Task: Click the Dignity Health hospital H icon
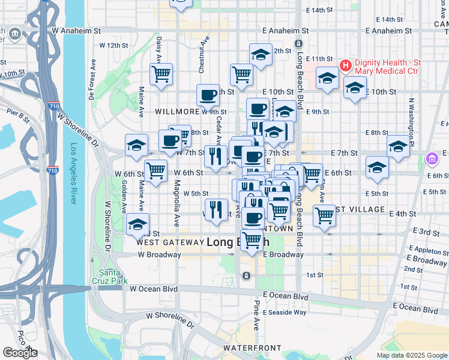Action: click(346, 65)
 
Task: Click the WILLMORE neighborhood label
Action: click(177, 112)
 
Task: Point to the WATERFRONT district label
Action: click(252, 348)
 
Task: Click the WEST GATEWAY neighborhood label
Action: click(170, 242)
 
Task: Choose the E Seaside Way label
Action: click(283, 312)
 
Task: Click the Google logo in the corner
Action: click(20, 353)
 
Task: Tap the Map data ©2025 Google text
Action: click(411, 355)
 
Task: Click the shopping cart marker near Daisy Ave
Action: click(161, 74)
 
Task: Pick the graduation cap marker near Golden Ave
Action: click(137, 224)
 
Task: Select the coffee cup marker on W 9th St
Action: click(208, 95)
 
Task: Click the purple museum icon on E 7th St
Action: click(431, 160)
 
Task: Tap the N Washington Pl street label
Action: click(412, 120)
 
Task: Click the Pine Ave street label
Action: click(256, 316)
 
